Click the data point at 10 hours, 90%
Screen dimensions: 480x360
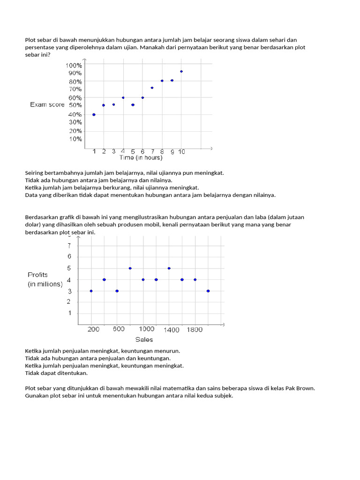(x=181, y=71)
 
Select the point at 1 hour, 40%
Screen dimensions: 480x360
(x=94, y=114)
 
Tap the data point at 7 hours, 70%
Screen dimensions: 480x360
(x=152, y=88)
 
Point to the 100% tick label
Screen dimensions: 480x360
(x=74, y=65)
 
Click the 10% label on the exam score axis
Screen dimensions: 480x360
(x=76, y=139)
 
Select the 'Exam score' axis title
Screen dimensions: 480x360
(x=47, y=105)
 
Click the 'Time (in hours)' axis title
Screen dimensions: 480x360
(x=140, y=157)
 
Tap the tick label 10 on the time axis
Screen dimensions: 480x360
(x=181, y=151)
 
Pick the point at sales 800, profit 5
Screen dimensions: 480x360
(x=130, y=268)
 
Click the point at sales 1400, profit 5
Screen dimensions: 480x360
(x=169, y=268)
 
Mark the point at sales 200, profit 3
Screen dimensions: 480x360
(x=91, y=291)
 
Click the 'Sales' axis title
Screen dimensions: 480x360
(x=144, y=339)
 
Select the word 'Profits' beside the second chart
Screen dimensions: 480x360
(x=37, y=275)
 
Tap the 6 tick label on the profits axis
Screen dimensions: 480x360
(x=69, y=256)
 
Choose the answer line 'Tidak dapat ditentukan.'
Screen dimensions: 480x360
(x=56, y=373)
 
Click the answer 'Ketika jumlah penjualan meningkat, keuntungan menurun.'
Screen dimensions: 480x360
(x=102, y=351)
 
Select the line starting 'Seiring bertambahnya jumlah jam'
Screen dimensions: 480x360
(x=124, y=172)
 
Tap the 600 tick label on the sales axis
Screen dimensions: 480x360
(x=118, y=330)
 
